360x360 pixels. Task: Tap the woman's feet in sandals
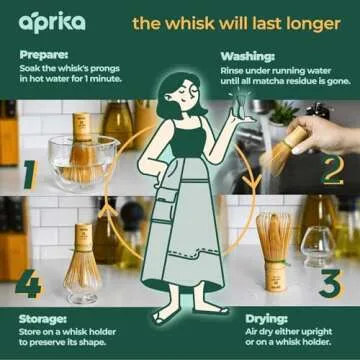tap(180, 316)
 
